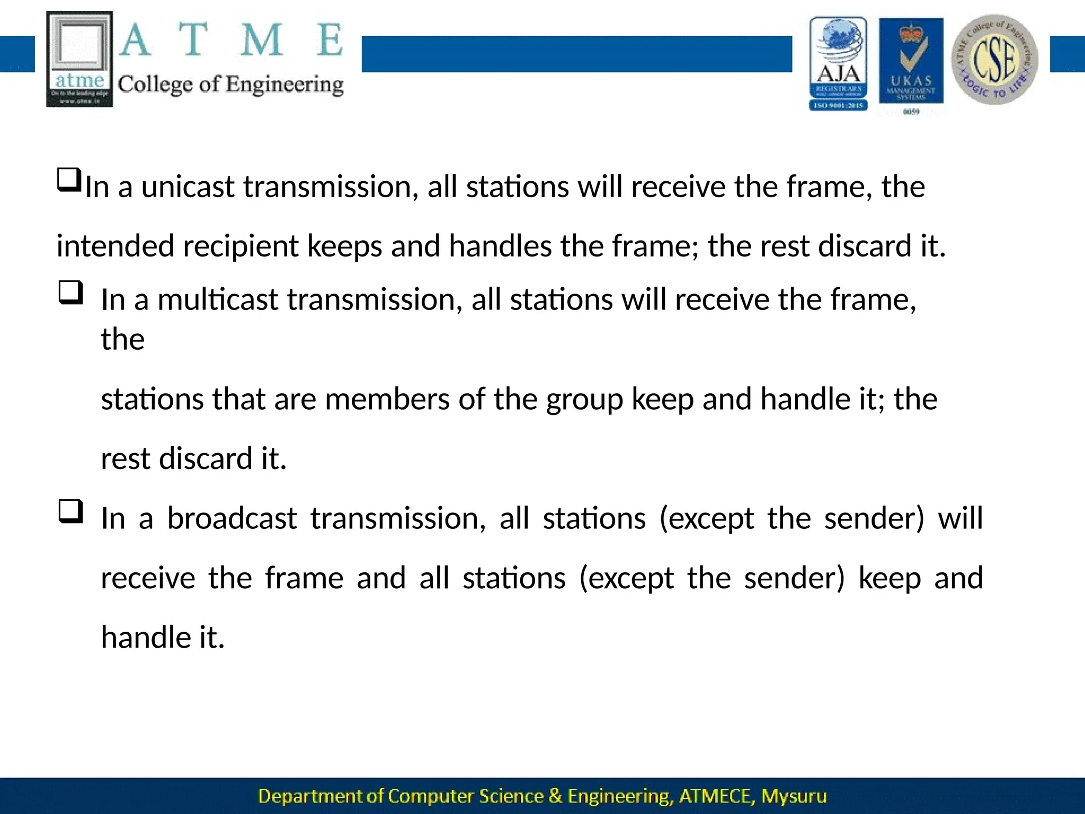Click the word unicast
click(188, 187)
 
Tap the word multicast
click(218, 300)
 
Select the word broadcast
click(232, 518)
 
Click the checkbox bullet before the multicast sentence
click(70, 293)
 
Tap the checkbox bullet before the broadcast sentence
click(70, 511)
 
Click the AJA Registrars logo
click(838, 63)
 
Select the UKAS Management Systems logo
click(911, 63)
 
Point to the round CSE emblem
click(994, 60)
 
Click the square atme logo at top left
click(79, 59)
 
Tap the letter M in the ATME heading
click(262, 40)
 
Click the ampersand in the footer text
click(556, 796)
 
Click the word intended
click(115, 247)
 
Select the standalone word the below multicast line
click(122, 339)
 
